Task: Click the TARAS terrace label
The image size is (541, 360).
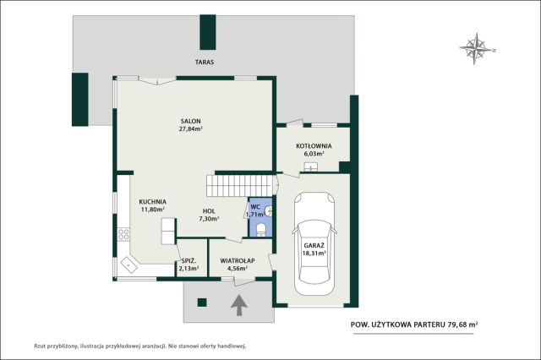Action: click(x=205, y=63)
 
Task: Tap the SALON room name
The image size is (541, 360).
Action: click(x=190, y=122)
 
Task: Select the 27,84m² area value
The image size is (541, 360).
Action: click(x=190, y=129)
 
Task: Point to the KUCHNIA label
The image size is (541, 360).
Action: click(x=152, y=202)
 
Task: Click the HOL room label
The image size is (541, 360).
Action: click(x=209, y=211)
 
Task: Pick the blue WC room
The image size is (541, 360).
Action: click(x=260, y=217)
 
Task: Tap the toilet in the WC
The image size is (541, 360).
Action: click(x=261, y=230)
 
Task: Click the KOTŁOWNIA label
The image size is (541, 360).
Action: click(x=314, y=146)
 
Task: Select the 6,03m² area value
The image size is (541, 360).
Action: click(x=314, y=154)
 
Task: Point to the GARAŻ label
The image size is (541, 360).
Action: click(x=314, y=246)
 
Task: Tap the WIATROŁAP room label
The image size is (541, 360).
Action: click(x=238, y=260)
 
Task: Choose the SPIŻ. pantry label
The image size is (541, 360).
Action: click(x=189, y=260)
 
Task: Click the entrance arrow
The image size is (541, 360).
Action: click(x=238, y=305)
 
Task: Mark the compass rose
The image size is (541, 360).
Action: click(x=477, y=49)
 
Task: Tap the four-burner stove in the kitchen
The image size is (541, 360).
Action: click(x=123, y=234)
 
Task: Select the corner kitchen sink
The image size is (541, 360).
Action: click(x=129, y=265)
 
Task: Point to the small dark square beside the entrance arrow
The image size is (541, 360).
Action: click(x=202, y=303)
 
